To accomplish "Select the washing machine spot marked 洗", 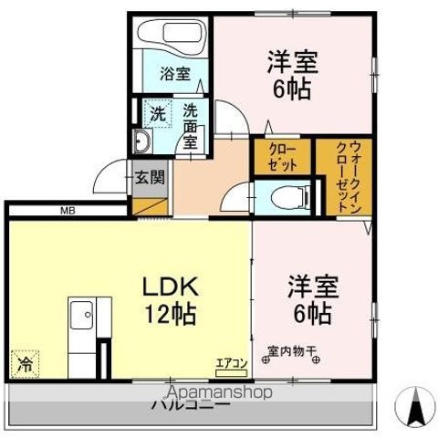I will coord(157,115).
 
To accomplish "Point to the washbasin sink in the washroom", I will coord(144,141).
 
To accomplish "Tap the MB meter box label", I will coord(68,212).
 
